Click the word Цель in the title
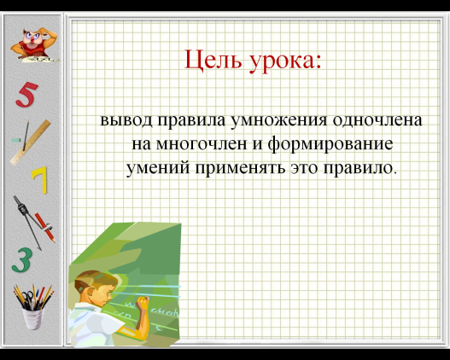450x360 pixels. [213, 60]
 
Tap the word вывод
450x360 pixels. [126, 120]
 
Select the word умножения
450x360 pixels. [278, 120]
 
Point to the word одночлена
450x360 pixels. [377, 120]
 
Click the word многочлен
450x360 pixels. [202, 144]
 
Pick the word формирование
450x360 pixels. [330, 144]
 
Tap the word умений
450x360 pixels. [158, 168]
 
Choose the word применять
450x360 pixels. [240, 168]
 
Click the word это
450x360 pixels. [304, 168]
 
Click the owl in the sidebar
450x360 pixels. [34, 44]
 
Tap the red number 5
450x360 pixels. [26, 95]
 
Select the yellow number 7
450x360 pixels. [40, 180]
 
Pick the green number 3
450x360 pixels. [21, 260]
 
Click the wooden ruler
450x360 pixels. [31, 142]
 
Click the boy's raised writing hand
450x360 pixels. [143, 303]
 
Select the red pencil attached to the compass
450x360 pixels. [44, 227]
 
